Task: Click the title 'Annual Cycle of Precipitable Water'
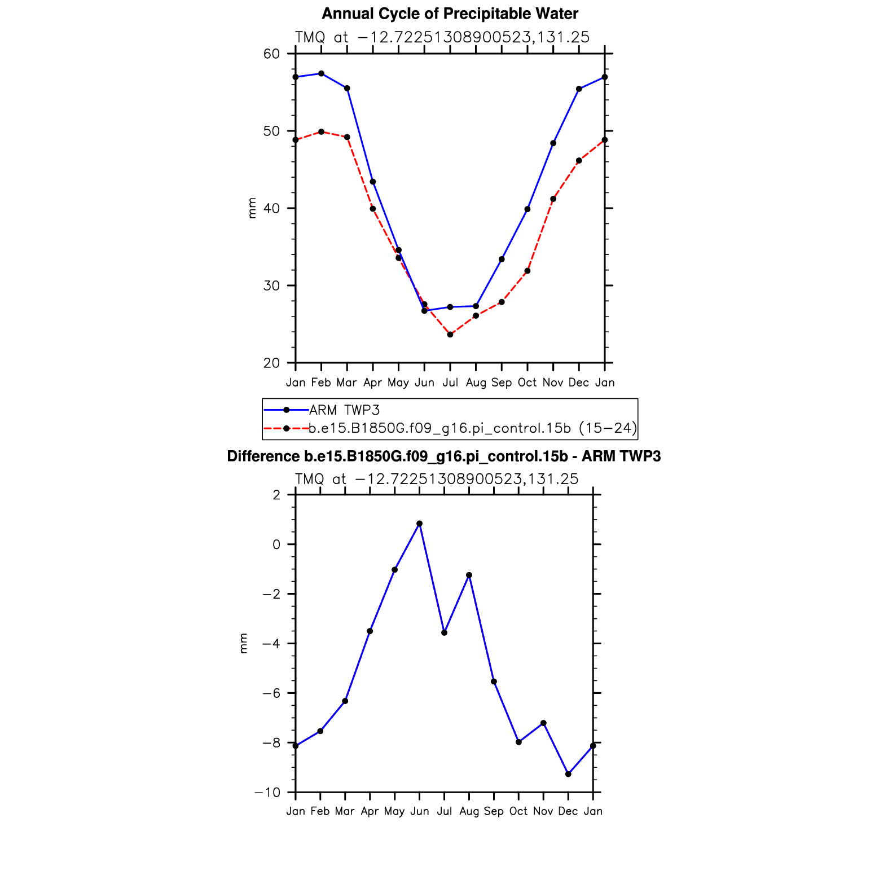click(450, 14)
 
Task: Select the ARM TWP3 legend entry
click(344, 410)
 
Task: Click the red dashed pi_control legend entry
click(473, 428)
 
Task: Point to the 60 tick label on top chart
click(271, 54)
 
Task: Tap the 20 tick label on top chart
click(271, 363)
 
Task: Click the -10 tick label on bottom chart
click(267, 792)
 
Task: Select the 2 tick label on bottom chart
click(276, 495)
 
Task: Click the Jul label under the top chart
click(450, 383)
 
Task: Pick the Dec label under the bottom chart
click(568, 811)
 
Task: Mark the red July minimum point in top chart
click(450, 335)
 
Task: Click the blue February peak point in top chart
click(322, 73)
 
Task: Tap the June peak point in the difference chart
click(419, 524)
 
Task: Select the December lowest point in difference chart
click(568, 774)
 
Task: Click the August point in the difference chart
click(469, 575)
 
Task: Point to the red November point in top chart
click(553, 199)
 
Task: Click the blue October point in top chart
click(527, 209)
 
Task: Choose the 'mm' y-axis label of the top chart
click(252, 208)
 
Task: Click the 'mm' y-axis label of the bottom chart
click(243, 644)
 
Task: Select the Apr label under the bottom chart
click(370, 811)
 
